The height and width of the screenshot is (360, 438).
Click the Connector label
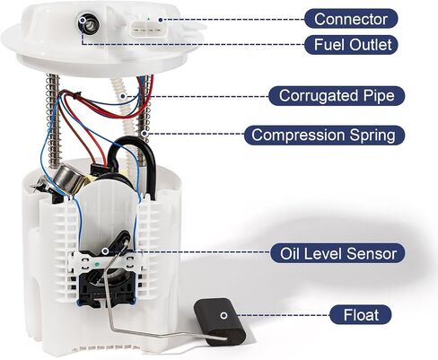pos(351,19)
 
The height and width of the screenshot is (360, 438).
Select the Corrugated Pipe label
pos(337,96)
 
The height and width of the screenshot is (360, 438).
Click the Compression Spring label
pos(324,135)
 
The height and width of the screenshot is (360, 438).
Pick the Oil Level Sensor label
pos(337,253)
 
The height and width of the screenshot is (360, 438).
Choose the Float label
pos(361,315)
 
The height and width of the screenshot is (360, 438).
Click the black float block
pos(220,321)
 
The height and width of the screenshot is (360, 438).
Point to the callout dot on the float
pos(223,315)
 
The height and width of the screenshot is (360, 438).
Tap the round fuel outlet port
pos(87,23)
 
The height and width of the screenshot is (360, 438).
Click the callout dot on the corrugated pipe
pos(122,96)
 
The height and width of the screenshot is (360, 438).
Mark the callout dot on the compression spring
pos(145,133)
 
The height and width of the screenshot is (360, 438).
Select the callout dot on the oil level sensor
pos(105,250)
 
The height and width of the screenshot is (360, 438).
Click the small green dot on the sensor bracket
pos(97,265)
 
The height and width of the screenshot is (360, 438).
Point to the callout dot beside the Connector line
pos(161,20)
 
